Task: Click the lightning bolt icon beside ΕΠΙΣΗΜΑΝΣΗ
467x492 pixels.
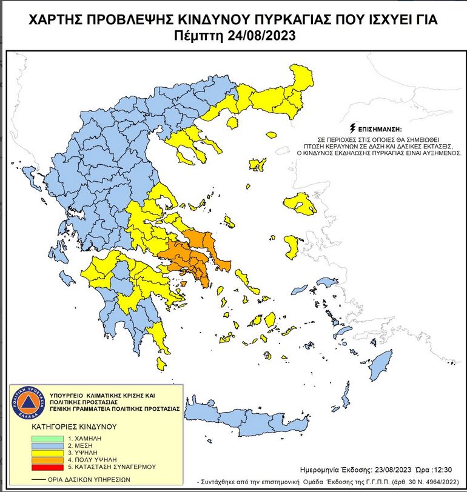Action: [352, 128]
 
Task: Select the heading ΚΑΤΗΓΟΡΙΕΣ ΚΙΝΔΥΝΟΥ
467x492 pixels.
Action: [73, 427]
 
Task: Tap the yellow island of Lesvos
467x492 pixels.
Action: [300, 204]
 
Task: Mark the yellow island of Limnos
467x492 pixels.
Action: [257, 164]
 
